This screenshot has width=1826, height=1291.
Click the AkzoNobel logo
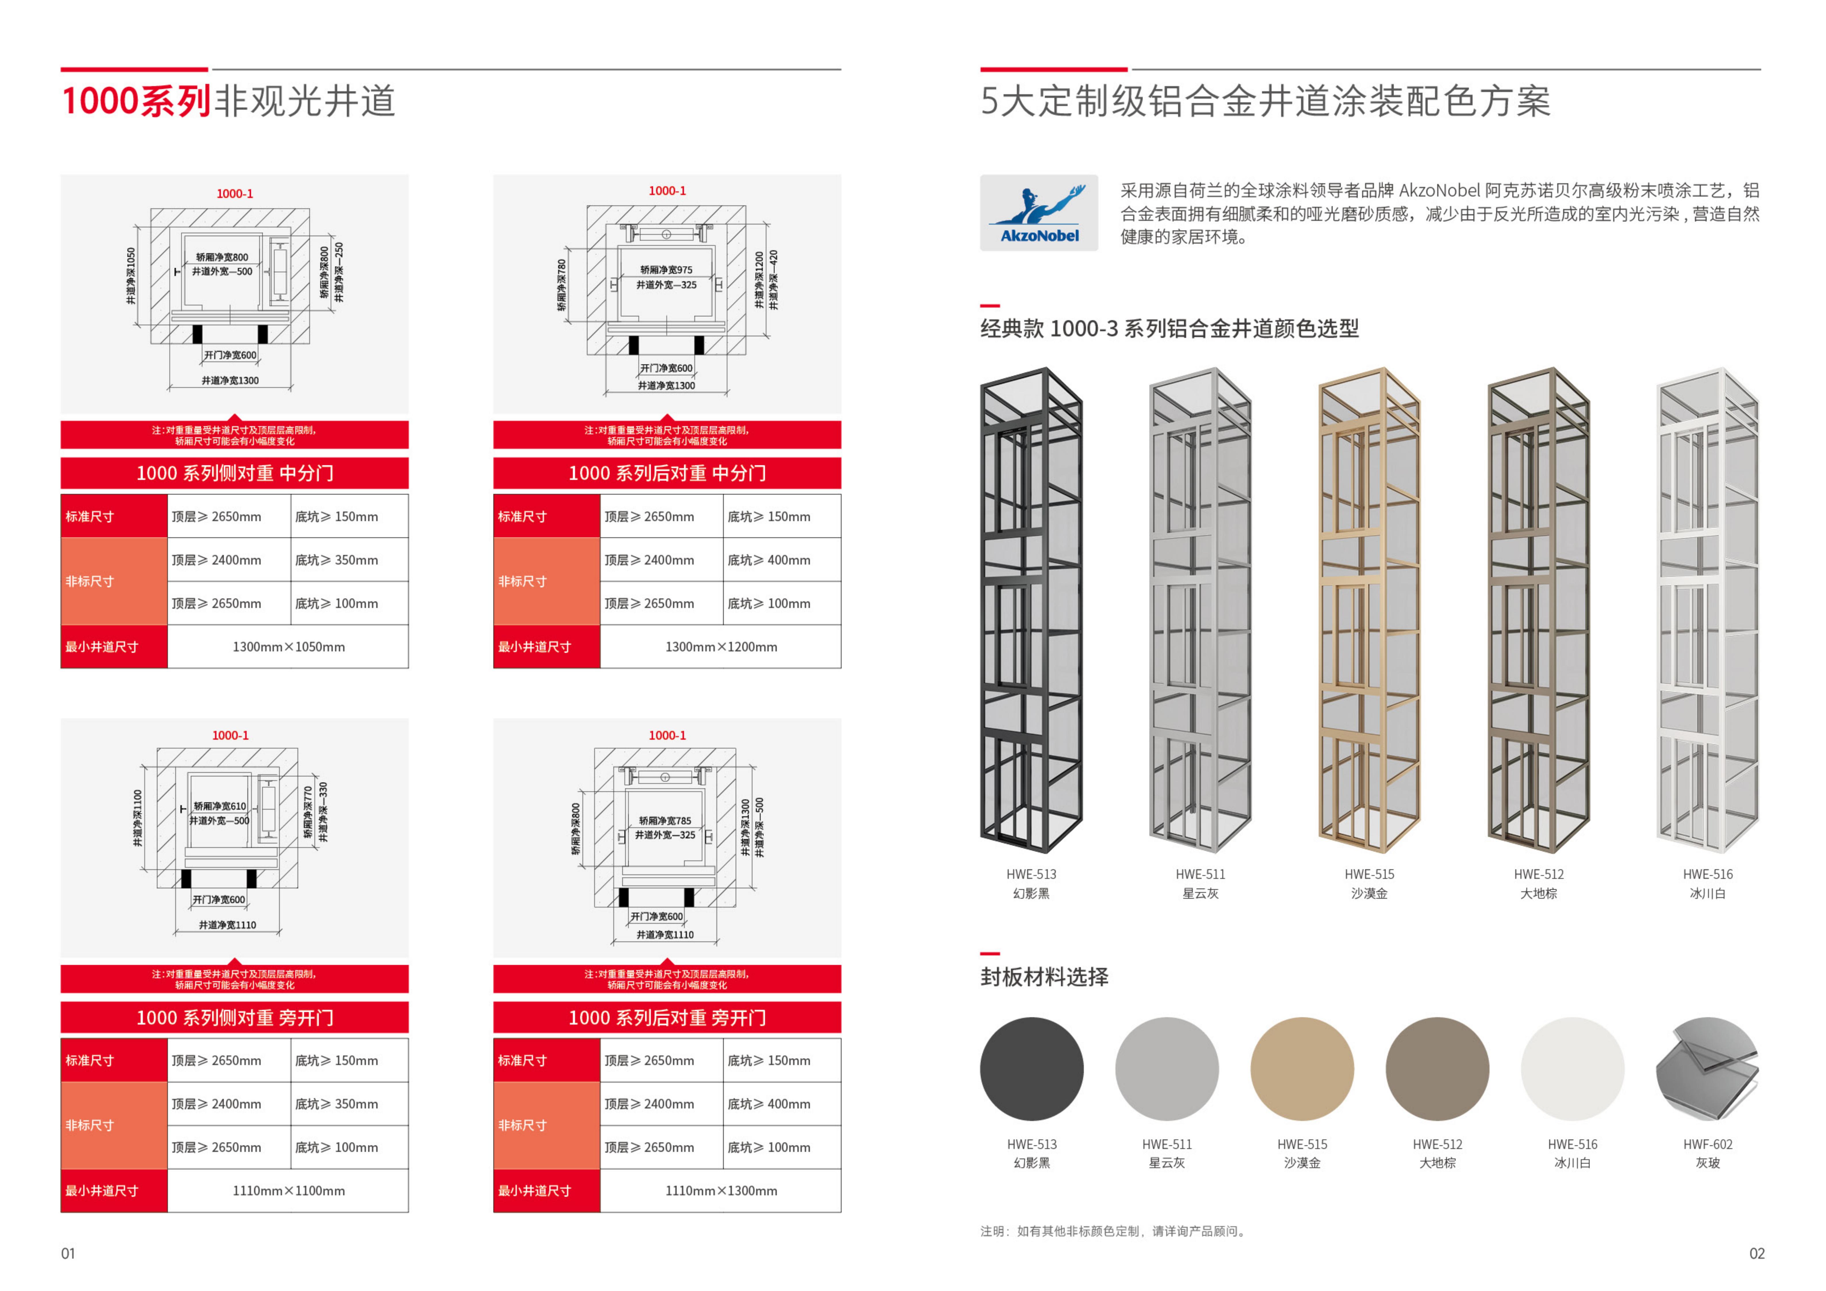(x=1039, y=213)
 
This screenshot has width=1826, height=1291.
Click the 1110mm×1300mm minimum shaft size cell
(x=720, y=1191)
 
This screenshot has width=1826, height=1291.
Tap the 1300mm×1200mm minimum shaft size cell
(x=720, y=647)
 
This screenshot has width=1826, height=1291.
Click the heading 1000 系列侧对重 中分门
(x=235, y=473)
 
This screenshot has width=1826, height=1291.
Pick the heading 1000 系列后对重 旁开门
(x=667, y=1018)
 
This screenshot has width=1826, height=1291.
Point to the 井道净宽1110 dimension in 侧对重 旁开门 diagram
(x=227, y=925)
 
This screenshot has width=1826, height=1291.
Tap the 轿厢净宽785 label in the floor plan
(x=665, y=820)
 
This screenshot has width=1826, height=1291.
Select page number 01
(x=68, y=1254)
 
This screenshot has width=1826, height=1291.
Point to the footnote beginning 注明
(x=1113, y=1231)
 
